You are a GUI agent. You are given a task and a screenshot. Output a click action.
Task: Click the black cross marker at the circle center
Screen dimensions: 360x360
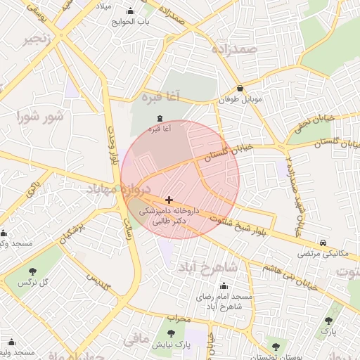click(x=169, y=200)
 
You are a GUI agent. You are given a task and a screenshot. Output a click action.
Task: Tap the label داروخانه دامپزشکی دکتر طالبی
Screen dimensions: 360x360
click(x=169, y=215)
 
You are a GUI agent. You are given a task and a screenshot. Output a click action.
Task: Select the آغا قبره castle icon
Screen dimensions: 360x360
click(x=159, y=118)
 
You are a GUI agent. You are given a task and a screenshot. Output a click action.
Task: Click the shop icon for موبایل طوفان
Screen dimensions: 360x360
click(x=241, y=89)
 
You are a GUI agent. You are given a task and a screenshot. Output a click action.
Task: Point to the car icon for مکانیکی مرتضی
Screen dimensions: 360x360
click(x=323, y=240)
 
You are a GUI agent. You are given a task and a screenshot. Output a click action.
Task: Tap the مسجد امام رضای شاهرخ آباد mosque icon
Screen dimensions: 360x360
click(x=224, y=286)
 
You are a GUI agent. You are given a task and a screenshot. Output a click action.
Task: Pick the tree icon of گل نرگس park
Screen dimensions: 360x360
click(x=32, y=271)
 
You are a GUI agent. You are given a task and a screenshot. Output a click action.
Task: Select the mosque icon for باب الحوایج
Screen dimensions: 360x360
click(x=130, y=11)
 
